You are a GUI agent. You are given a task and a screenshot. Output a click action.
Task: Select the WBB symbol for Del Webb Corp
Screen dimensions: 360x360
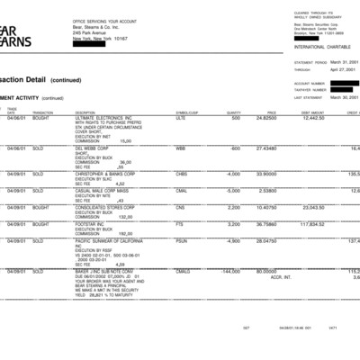coord(181,148)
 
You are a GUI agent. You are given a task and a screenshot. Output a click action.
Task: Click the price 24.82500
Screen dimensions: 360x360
coord(265,118)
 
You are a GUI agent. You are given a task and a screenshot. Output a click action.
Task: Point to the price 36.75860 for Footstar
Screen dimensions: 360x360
coord(265,224)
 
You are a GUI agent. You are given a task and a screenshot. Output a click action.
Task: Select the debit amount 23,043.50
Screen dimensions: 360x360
coord(311,207)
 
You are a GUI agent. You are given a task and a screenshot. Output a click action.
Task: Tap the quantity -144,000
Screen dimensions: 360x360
coord(228,271)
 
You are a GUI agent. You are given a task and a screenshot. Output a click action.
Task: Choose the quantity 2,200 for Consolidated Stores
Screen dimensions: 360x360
coord(232,207)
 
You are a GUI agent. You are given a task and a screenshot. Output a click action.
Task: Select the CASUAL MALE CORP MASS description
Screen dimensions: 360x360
coord(103,190)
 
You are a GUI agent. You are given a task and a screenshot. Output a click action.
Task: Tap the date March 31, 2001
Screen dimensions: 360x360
coord(342,62)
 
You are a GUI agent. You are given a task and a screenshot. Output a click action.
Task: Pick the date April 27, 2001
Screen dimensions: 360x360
coord(343,69)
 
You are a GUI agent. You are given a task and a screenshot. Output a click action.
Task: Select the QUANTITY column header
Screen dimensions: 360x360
coord(233,112)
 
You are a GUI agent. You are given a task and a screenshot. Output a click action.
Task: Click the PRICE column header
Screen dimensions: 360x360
coord(271,112)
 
